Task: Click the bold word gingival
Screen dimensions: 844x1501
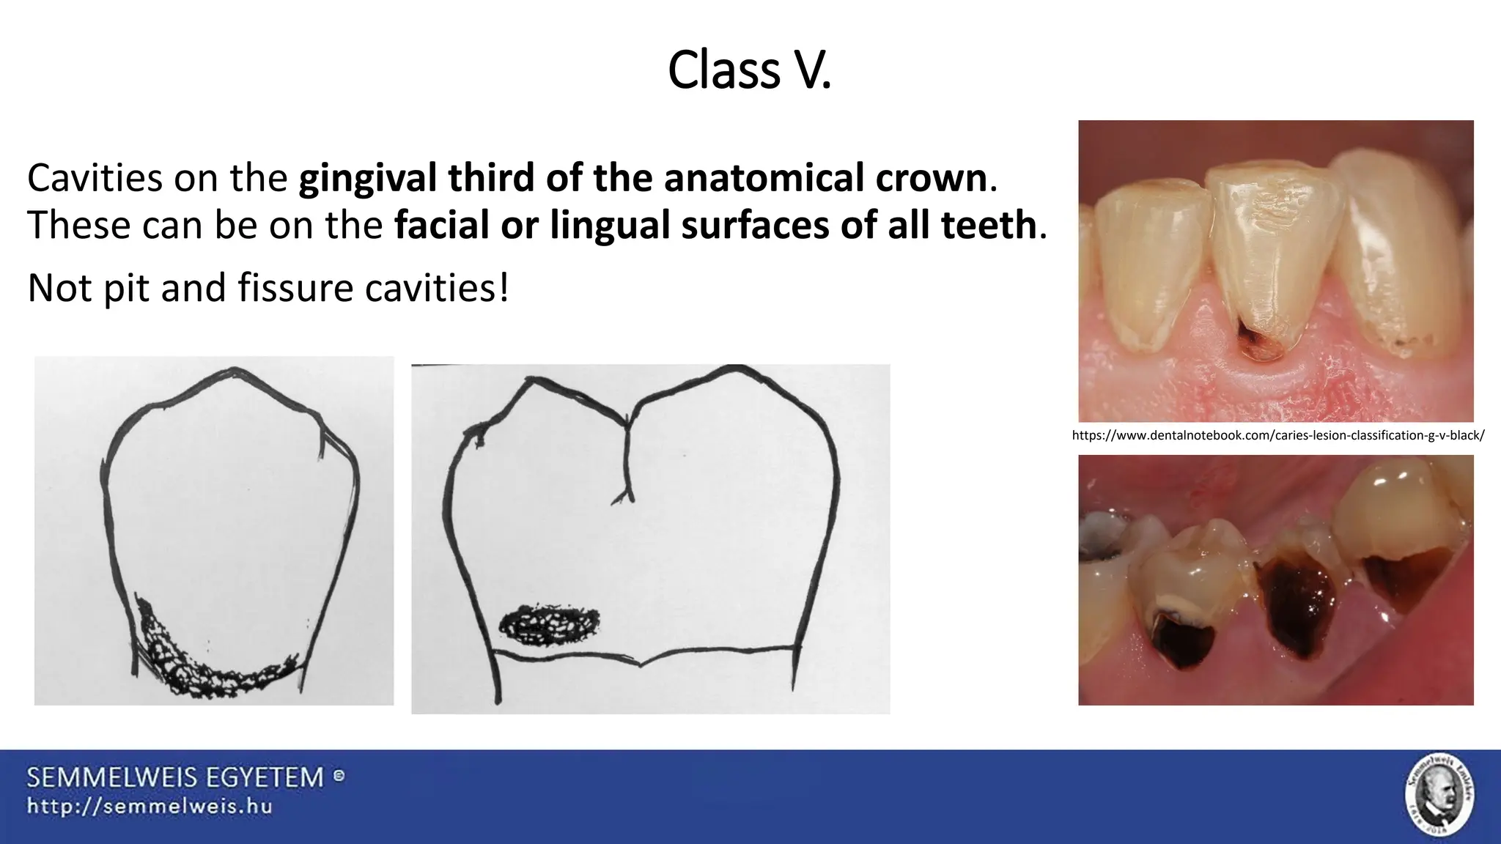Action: (366, 179)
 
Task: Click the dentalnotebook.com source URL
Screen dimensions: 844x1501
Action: (1277, 436)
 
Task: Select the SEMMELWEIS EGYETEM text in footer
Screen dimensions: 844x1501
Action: (175, 777)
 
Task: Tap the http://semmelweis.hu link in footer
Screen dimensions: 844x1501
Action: (150, 807)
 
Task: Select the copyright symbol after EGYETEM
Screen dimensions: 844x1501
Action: (339, 775)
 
